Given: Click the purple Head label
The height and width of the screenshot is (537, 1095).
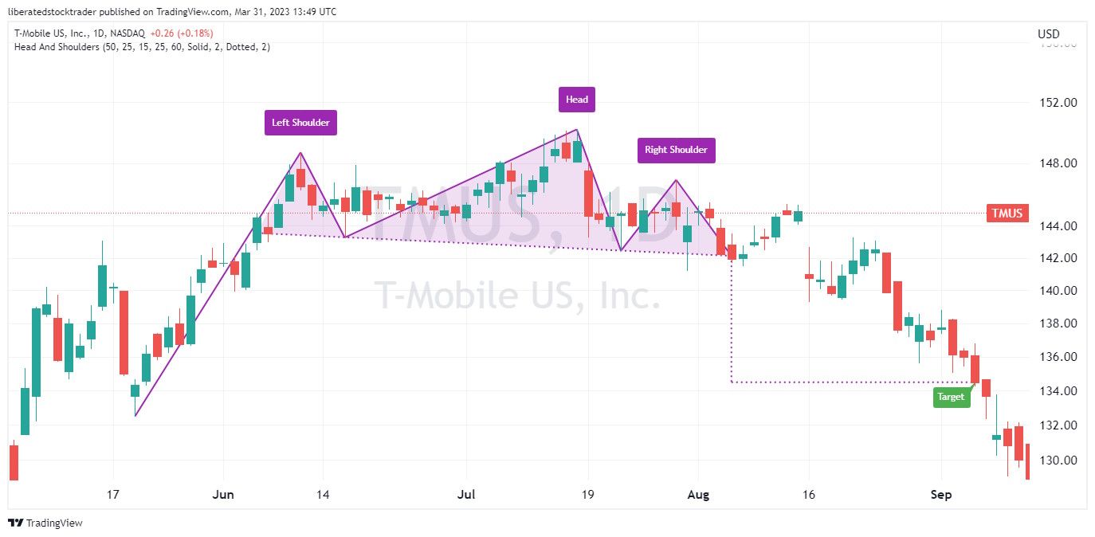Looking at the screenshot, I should [x=576, y=100].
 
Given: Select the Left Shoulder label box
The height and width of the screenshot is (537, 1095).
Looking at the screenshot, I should [x=300, y=123].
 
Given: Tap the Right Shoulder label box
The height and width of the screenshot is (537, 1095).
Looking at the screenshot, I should [x=676, y=150].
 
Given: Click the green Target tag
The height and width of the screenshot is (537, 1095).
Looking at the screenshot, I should [x=952, y=396].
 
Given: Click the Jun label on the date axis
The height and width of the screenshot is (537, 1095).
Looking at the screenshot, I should [x=224, y=495].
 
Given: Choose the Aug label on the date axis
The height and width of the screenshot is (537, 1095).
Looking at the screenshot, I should [x=698, y=495].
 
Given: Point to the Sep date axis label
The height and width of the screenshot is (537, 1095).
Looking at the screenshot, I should [x=941, y=495].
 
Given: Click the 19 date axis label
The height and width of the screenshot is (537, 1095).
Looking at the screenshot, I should [x=588, y=495].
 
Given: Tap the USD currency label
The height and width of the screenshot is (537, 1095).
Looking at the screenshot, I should [x=1048, y=34].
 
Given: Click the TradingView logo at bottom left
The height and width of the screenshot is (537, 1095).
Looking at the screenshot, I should [x=45, y=523].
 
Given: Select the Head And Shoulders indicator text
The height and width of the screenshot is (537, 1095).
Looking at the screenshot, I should [x=142, y=47].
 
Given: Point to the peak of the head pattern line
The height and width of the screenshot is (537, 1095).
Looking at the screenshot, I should [x=576, y=129].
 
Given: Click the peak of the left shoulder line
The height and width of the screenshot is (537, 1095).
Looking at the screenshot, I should [x=300, y=152].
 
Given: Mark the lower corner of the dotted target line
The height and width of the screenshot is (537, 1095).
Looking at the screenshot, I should [x=732, y=382].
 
